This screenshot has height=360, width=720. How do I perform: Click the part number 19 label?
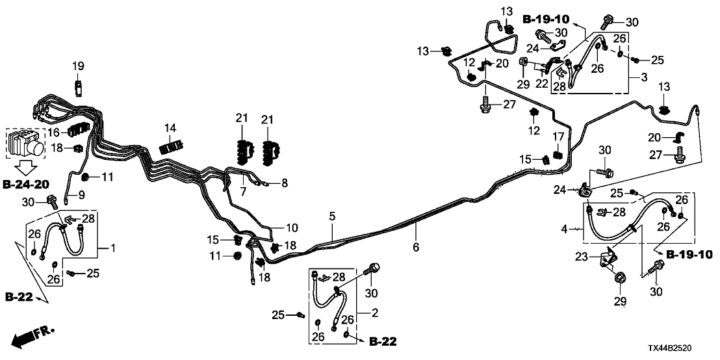[x=78, y=66]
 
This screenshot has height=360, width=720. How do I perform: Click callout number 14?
[x=170, y=127]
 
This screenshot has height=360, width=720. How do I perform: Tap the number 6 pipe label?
[x=416, y=247]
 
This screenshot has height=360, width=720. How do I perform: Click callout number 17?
[x=557, y=136]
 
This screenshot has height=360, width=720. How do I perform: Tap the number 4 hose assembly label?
[x=566, y=229]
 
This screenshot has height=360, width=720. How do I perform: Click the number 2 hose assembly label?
[x=374, y=314]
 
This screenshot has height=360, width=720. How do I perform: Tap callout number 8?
[x=284, y=183]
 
